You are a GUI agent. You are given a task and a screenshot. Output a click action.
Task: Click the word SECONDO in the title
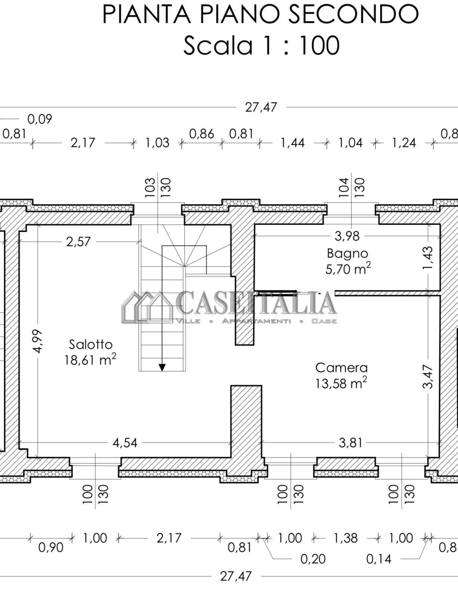point(353,14)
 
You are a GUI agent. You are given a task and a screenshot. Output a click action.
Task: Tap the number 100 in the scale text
point(319,45)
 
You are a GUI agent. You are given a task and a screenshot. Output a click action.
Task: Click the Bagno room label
point(347,253)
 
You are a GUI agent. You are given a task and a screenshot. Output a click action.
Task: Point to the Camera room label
point(341,368)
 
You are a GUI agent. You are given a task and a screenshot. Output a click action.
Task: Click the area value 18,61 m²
point(90,360)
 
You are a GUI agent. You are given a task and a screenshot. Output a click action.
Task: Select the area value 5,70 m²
point(348,269)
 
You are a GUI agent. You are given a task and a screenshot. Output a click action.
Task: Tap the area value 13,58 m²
point(341,383)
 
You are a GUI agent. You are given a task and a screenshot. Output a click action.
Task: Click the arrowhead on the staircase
point(162,367)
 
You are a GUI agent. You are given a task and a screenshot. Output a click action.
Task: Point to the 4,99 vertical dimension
point(37,341)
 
